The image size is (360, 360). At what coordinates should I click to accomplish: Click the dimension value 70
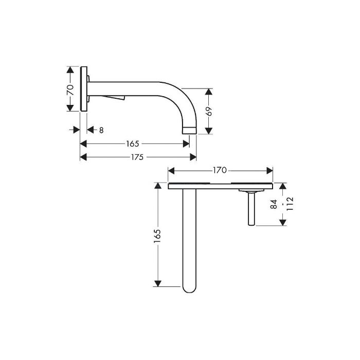70,90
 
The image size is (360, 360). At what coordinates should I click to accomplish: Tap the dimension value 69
208,112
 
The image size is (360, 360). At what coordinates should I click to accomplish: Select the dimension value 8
101,130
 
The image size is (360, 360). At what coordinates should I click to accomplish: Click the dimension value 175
137,157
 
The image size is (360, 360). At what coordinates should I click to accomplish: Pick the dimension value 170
220,170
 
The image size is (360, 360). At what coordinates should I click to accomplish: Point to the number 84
274,204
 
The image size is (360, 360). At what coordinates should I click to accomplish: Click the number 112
290,204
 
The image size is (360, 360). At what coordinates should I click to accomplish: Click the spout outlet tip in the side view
189,131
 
